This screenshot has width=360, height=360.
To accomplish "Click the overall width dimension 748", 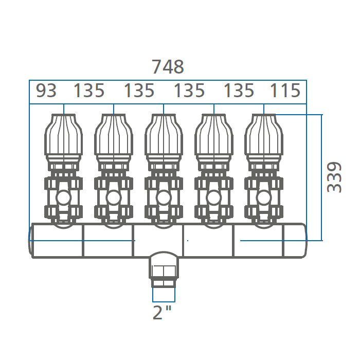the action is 168,66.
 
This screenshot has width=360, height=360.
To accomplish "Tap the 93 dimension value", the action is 46,91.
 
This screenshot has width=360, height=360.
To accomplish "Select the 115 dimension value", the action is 285,91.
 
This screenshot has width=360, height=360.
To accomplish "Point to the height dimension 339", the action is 334,177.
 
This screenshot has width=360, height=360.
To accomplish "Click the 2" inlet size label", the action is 162,312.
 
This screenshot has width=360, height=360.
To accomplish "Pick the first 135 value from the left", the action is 89,91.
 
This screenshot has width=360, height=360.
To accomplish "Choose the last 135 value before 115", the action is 239,91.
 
